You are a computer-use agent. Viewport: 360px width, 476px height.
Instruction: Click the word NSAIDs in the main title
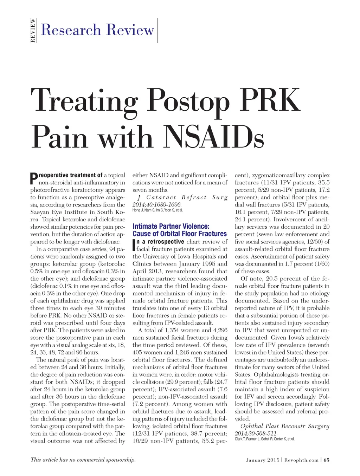214,137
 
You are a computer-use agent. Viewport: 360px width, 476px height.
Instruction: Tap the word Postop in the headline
188,100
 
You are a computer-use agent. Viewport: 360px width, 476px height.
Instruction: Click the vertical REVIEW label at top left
33,31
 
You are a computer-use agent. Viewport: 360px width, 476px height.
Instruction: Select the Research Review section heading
97,30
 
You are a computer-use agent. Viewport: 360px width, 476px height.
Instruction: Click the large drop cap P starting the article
34,178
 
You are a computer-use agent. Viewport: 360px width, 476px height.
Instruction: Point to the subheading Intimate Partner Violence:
171,226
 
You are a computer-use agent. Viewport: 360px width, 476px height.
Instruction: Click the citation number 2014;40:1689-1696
157,204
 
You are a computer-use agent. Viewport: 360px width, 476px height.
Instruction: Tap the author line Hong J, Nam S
157,210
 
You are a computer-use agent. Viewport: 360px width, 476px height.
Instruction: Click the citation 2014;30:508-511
256,433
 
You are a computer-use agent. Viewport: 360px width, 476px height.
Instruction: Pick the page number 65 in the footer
327,460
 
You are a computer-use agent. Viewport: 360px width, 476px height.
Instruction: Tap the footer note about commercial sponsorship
83,459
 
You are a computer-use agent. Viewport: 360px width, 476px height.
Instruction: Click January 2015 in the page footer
263,460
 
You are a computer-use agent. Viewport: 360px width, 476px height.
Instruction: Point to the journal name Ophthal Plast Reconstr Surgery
285,426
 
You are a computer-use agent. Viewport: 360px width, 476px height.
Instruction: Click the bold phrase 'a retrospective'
160,242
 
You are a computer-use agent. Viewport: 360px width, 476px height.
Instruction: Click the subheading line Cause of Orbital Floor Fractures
180,234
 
